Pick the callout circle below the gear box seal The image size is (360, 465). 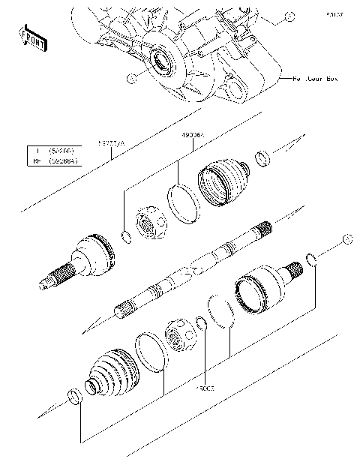click(x=132, y=77)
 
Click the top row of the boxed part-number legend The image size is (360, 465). click(x=53, y=151)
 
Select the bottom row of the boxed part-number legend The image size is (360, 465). click(x=53, y=160)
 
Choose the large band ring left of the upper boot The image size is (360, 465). click(x=184, y=204)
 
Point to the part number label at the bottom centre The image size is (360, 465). click(x=205, y=388)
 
